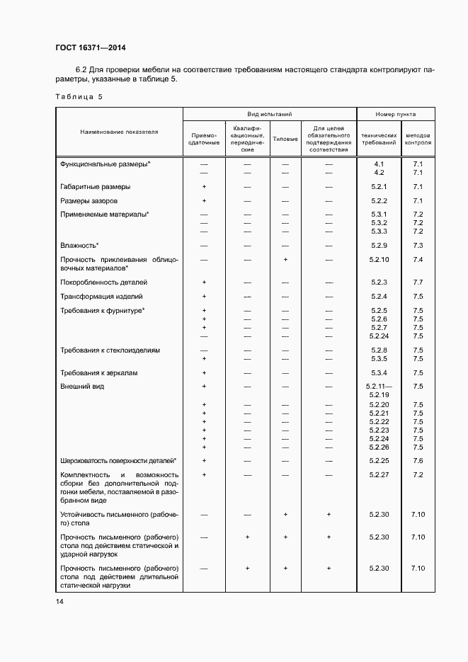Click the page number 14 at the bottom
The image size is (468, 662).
(59, 601)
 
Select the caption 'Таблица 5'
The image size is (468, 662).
(78, 96)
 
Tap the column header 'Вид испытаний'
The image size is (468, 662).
(269, 114)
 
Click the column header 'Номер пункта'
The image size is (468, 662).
(396, 114)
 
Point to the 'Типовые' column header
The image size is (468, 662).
(285, 138)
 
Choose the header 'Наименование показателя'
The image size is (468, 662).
(119, 132)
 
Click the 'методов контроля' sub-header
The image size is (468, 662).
(417, 138)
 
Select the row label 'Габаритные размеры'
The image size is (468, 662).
(95, 187)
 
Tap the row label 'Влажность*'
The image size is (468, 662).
(79, 245)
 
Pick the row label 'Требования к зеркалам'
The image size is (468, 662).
(99, 372)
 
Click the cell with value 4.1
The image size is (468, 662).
(379, 164)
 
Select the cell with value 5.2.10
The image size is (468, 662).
(379, 260)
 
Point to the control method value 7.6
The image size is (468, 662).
(417, 460)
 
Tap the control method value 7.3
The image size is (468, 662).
(417, 245)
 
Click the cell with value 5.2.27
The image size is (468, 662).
(379, 474)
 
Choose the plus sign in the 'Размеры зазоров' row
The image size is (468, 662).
(204, 201)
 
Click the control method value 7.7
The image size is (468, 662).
(417, 282)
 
